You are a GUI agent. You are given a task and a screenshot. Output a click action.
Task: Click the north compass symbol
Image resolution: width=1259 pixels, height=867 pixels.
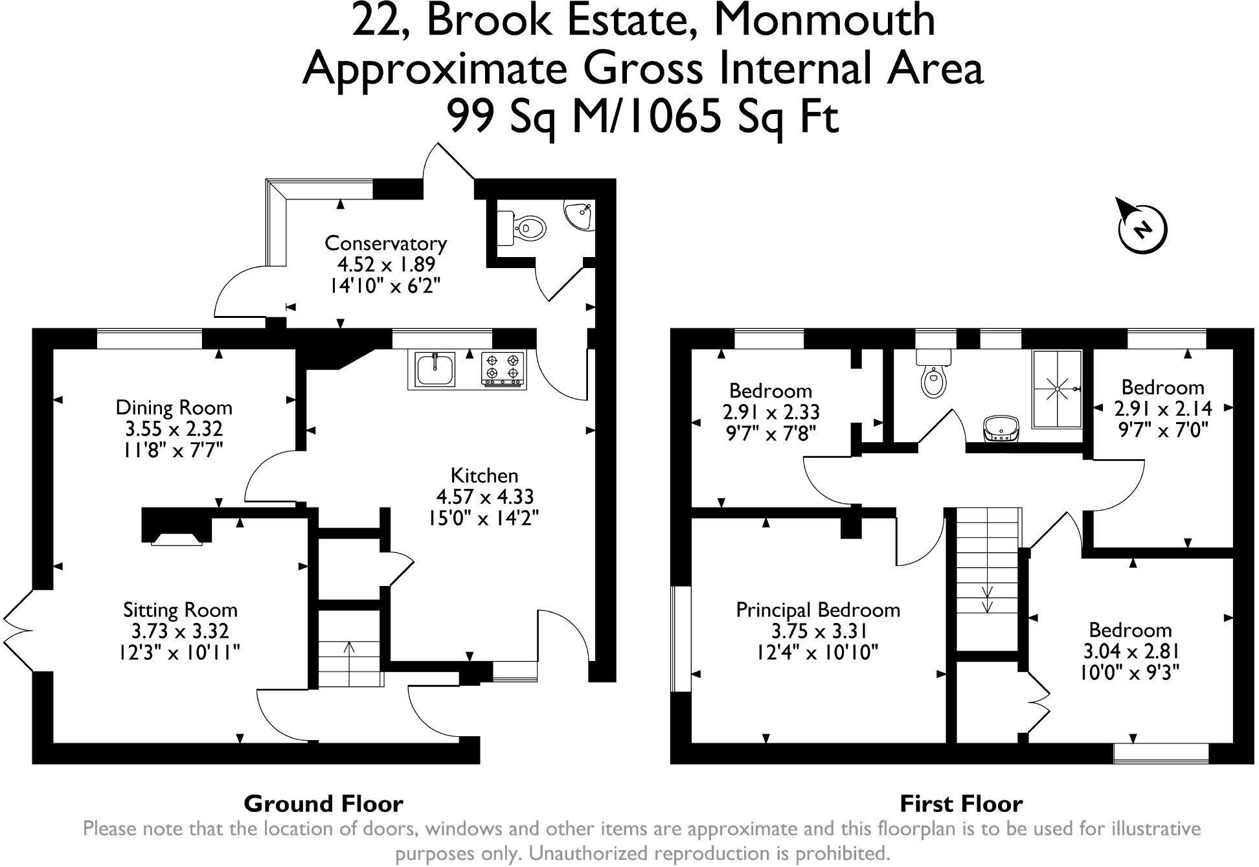tap(1142, 227)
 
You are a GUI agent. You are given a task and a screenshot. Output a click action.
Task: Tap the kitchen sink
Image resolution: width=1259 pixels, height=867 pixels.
tap(432, 370)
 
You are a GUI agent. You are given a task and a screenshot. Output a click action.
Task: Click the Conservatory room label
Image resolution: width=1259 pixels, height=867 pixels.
tap(385, 243)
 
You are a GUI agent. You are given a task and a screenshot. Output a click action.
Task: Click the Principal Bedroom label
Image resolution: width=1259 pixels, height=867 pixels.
tap(818, 610)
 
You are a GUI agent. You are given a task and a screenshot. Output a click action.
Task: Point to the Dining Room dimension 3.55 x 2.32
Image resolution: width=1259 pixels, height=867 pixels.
tap(174, 429)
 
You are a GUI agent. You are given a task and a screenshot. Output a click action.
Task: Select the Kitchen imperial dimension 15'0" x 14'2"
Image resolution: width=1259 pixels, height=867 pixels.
tap(484, 518)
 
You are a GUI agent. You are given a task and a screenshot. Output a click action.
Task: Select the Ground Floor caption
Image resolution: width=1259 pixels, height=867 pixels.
tap(323, 804)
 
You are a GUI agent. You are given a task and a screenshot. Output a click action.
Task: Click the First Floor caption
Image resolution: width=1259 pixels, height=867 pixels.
tap(961, 804)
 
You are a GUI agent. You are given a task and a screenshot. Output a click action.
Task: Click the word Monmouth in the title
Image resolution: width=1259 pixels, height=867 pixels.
tap(824, 21)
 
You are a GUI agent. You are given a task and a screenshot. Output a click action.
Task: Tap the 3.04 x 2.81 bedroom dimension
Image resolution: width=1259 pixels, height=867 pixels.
tap(1129, 651)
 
